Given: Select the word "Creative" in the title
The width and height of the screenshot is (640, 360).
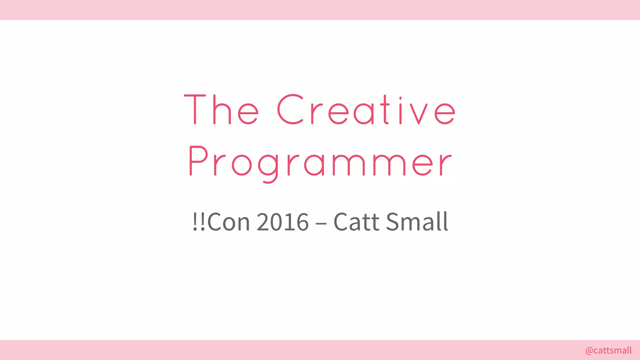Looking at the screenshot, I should [366, 109].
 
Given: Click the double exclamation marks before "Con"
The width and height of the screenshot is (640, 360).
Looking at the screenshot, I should [199, 222].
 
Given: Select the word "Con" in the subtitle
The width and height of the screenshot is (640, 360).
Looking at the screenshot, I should [228, 222].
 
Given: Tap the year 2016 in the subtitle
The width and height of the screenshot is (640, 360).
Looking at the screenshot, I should [282, 222].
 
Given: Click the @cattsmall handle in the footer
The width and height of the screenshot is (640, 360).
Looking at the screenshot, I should [608, 351].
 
